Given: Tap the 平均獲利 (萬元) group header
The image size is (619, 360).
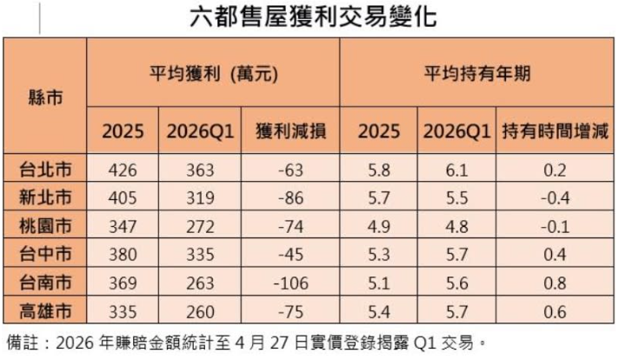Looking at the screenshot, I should pos(213,74).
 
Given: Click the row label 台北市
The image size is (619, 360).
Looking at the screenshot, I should pos(45,170).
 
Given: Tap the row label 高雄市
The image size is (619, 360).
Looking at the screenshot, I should pos(45,310).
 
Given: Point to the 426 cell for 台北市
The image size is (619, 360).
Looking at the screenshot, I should pos(129,170).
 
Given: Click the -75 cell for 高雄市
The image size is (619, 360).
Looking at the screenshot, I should pos(290,310).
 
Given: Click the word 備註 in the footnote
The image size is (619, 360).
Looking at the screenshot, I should pos(19,340).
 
